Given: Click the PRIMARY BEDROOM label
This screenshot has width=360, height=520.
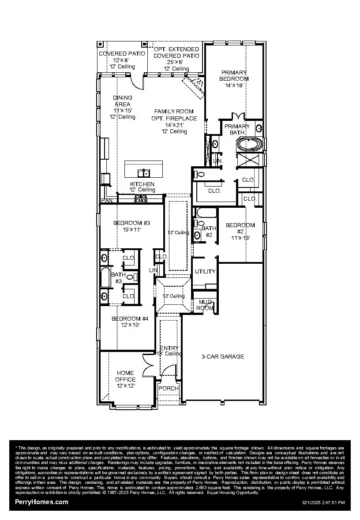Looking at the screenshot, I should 234,75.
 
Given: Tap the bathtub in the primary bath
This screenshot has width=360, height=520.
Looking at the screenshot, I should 250,144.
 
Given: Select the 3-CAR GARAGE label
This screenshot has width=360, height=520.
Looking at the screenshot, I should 223,356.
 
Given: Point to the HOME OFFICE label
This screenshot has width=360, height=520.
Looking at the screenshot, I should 125,376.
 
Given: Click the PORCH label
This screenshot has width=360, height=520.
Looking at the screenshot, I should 169,388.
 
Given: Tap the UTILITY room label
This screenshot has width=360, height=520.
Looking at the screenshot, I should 205,272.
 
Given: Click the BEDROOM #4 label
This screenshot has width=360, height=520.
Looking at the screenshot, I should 127,318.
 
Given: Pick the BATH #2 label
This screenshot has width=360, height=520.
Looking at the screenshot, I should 209,231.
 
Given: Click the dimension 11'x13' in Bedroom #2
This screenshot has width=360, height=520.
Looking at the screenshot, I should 240,238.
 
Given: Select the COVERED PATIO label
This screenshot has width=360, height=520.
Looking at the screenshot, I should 116,54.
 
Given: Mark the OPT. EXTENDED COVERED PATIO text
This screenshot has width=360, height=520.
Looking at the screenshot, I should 176,52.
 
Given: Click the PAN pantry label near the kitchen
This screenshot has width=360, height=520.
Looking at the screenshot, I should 106,200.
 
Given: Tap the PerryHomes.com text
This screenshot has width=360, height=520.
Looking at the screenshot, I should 41,502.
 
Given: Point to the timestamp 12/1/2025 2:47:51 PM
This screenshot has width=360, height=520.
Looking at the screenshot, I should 323,502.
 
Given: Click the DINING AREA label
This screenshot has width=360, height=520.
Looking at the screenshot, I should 122,101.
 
